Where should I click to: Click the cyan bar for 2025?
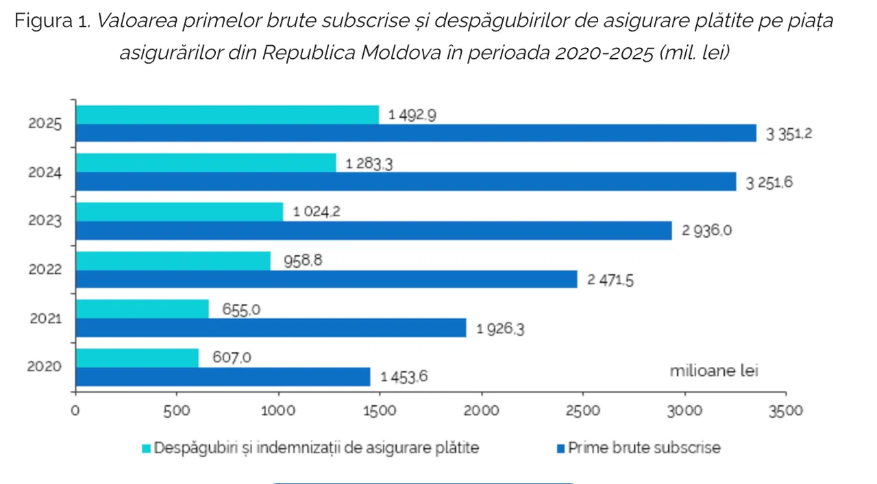click(x=227, y=115)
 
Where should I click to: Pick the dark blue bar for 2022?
click(x=326, y=279)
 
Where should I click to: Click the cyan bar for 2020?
click(x=137, y=358)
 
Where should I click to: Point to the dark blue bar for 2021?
click(x=271, y=328)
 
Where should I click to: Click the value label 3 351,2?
click(x=789, y=135)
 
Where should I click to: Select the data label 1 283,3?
click(x=369, y=164)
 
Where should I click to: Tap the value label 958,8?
click(x=300, y=261)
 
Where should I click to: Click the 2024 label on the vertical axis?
click(x=45, y=173)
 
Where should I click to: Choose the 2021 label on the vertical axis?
click(x=45, y=318)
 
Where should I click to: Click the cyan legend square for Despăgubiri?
click(x=146, y=448)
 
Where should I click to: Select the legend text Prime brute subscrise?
click(x=644, y=448)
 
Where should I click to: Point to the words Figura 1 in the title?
click(x=52, y=21)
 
